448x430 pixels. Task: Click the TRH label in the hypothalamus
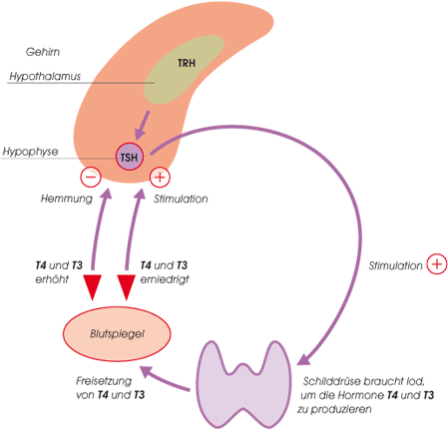click(187, 63)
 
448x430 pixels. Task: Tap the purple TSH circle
click(130, 157)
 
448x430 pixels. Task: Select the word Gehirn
click(43, 52)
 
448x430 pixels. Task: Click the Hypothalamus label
click(45, 76)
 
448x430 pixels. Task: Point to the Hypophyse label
click(30, 152)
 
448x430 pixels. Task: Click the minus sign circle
click(91, 177)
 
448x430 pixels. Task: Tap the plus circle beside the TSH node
click(160, 177)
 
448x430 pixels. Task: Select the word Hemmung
click(67, 199)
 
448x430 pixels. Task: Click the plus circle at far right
click(437, 264)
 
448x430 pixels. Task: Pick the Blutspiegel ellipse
click(117, 333)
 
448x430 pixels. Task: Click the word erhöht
click(52, 279)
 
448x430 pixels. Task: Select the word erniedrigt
click(165, 279)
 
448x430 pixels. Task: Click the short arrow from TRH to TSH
click(143, 126)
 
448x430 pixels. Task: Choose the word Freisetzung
click(104, 381)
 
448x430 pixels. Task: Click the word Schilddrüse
click(331, 381)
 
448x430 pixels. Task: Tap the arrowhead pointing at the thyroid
click(304, 358)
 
